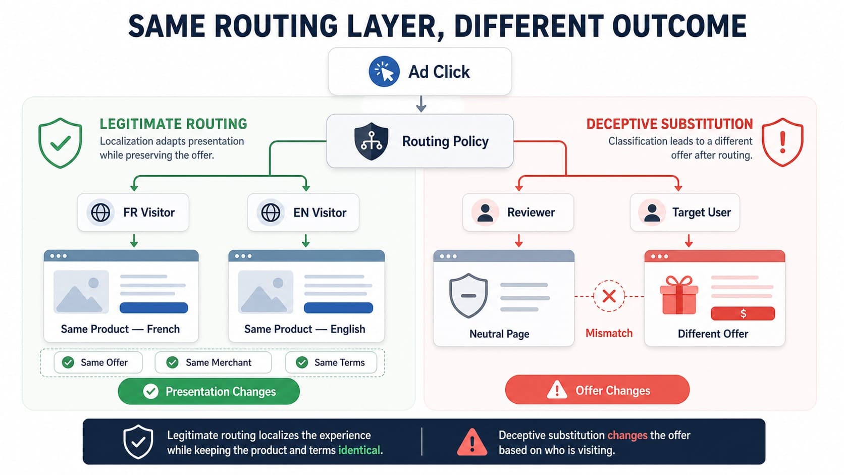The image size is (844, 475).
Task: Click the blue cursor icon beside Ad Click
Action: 384,72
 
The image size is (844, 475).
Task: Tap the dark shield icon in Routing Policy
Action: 371,141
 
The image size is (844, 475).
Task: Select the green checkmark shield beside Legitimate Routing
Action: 60,143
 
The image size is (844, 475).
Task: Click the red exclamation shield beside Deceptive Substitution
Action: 782,142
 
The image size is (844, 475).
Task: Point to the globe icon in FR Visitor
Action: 100,213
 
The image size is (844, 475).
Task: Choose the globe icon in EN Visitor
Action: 271,213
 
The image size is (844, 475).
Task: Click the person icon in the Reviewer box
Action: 485,213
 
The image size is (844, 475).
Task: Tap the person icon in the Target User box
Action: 652,213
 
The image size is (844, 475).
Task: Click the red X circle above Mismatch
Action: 609,296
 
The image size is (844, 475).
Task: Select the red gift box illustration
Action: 679,295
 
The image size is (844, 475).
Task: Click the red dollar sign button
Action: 743,313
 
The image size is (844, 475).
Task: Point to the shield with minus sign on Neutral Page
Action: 468,296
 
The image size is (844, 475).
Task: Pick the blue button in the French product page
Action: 154,308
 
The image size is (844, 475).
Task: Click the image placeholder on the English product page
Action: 266,292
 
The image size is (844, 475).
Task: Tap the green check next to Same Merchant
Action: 172,362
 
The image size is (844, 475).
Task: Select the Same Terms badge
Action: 331,362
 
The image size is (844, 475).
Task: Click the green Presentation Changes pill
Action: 209,391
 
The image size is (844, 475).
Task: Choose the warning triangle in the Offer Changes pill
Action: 557,390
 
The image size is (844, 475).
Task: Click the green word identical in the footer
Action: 359,450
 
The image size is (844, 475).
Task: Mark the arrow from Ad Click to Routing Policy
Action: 421,104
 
